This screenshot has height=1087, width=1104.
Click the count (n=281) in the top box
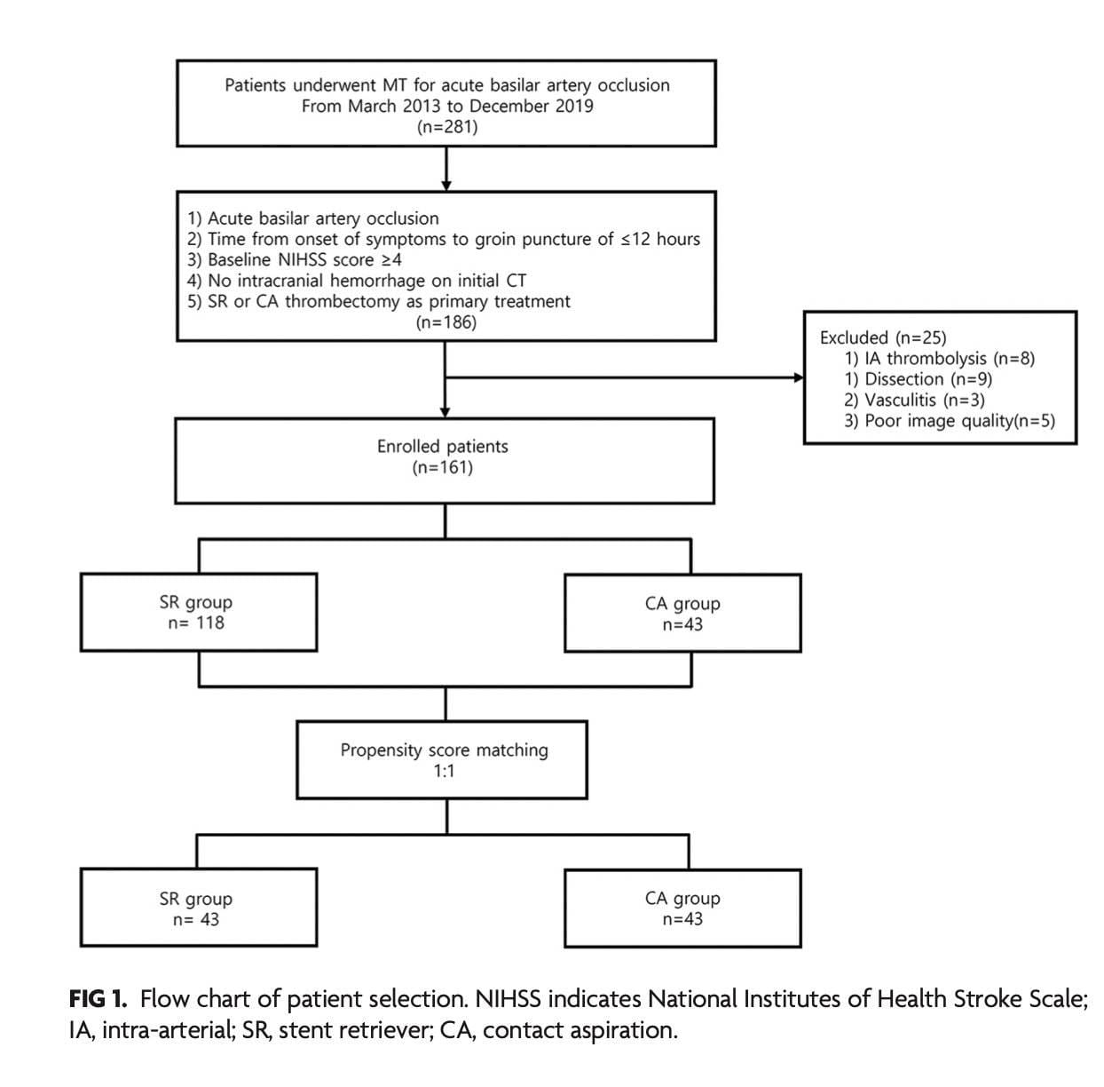click(x=446, y=127)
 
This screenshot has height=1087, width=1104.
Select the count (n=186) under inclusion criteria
click(x=446, y=322)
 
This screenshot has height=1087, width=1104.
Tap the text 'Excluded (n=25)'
click(x=882, y=337)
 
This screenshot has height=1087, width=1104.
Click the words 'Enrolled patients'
click(x=442, y=447)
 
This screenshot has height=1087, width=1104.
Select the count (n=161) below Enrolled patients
click(x=442, y=467)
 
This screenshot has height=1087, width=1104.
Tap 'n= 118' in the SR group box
click(x=196, y=623)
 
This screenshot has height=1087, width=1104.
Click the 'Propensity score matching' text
click(x=444, y=750)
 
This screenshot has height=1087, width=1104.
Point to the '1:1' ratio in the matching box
click(x=444, y=771)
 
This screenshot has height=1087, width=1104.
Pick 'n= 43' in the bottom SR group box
click(x=196, y=919)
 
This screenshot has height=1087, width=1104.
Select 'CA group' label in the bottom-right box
click(x=682, y=899)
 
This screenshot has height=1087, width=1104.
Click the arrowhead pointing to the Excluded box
click(x=799, y=378)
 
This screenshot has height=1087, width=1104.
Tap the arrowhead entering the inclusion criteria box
click(x=446, y=186)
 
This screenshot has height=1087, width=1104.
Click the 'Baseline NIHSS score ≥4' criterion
click(x=295, y=260)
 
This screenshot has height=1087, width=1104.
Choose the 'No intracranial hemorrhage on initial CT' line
click(x=357, y=281)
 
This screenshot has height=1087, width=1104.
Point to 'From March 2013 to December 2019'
click(x=447, y=106)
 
